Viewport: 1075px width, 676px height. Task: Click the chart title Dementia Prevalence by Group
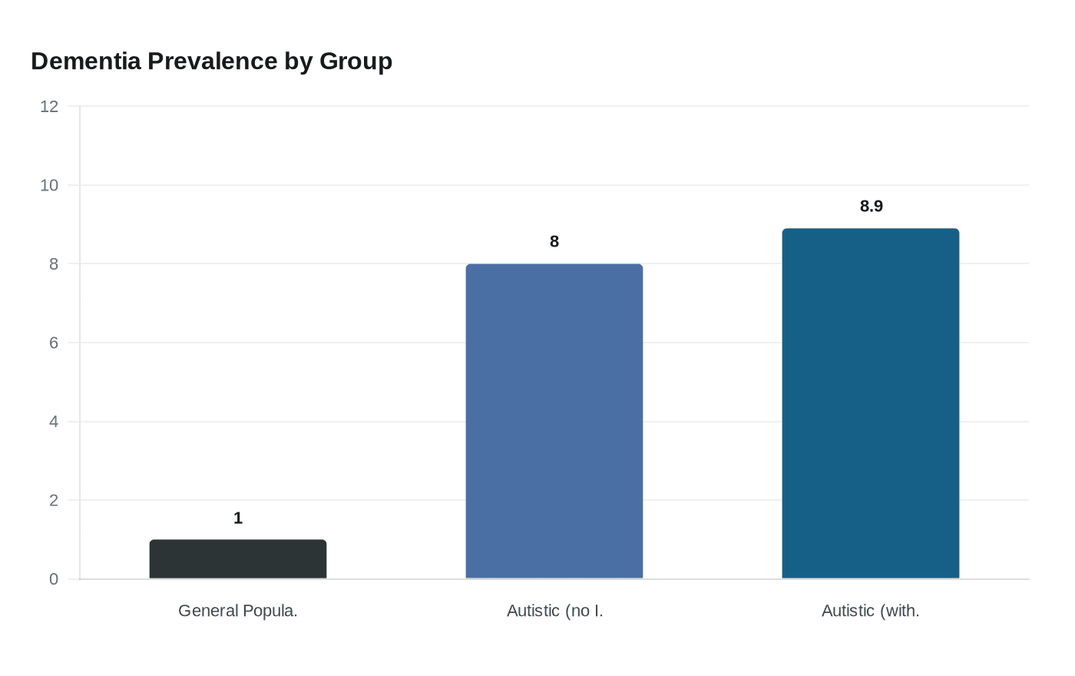tap(211, 61)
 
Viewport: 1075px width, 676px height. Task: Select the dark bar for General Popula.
tap(238, 559)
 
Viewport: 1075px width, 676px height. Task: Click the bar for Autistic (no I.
tap(554, 421)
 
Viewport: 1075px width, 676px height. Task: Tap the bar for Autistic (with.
tap(871, 403)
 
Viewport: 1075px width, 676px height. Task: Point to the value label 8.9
tap(872, 206)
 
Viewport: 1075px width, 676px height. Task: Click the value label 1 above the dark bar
tap(238, 519)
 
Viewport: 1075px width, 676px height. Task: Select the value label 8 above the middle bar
tap(554, 242)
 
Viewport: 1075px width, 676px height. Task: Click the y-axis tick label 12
tap(49, 107)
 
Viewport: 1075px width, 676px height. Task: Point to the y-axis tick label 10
tap(49, 185)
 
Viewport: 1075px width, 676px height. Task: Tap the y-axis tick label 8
tap(54, 264)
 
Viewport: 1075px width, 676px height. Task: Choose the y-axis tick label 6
tap(54, 343)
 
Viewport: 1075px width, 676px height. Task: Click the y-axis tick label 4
tap(54, 422)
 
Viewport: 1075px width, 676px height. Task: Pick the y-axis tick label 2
tap(54, 500)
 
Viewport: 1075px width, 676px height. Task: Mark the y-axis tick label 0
tap(54, 579)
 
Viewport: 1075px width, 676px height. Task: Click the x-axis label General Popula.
tap(238, 611)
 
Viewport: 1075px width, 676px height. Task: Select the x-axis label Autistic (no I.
tap(554, 611)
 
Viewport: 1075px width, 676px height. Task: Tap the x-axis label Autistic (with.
tap(871, 611)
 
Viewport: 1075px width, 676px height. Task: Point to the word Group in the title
tap(356, 61)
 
